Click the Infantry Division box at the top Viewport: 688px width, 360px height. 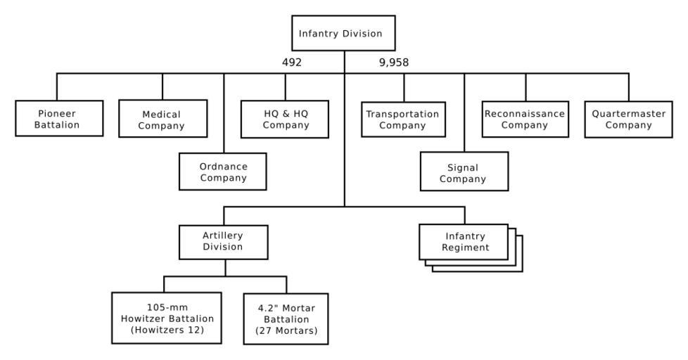343,33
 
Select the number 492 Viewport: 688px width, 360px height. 291,63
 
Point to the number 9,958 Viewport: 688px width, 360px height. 393,63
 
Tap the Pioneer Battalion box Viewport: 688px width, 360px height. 57,119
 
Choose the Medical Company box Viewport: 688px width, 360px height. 163,120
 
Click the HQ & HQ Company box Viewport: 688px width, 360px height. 286,119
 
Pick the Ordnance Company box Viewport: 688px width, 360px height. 223,172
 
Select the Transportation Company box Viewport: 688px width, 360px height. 403,120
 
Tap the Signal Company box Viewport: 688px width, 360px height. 463,173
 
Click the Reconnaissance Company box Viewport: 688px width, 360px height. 525,119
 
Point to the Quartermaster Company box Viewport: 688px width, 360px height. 628,119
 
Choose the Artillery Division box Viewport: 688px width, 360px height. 224,241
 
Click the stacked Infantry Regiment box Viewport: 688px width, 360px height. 464,242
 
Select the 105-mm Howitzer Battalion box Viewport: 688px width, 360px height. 164,317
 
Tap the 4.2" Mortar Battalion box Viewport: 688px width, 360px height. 286,319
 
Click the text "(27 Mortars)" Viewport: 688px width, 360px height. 286,330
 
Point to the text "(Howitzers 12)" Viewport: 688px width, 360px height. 164,329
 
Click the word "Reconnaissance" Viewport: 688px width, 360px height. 525,113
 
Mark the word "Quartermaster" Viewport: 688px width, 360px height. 628,113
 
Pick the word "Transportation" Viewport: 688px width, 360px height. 403,114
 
